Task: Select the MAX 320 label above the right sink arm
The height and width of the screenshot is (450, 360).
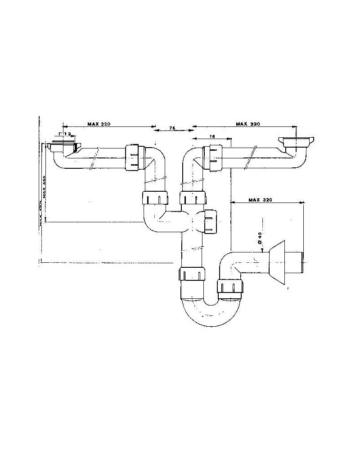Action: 248,123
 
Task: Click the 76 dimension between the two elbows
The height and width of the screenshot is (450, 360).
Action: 172,129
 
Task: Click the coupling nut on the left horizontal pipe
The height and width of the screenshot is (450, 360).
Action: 133,157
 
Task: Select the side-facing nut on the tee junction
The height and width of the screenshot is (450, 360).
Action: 210,220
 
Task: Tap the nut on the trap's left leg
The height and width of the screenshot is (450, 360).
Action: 192,274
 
